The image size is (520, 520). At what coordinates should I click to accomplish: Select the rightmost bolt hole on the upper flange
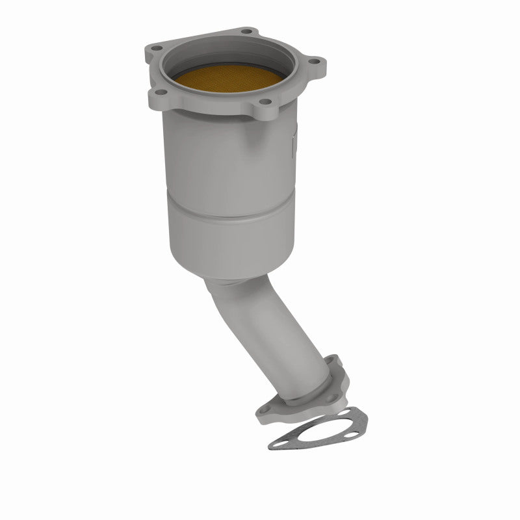(316, 63)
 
